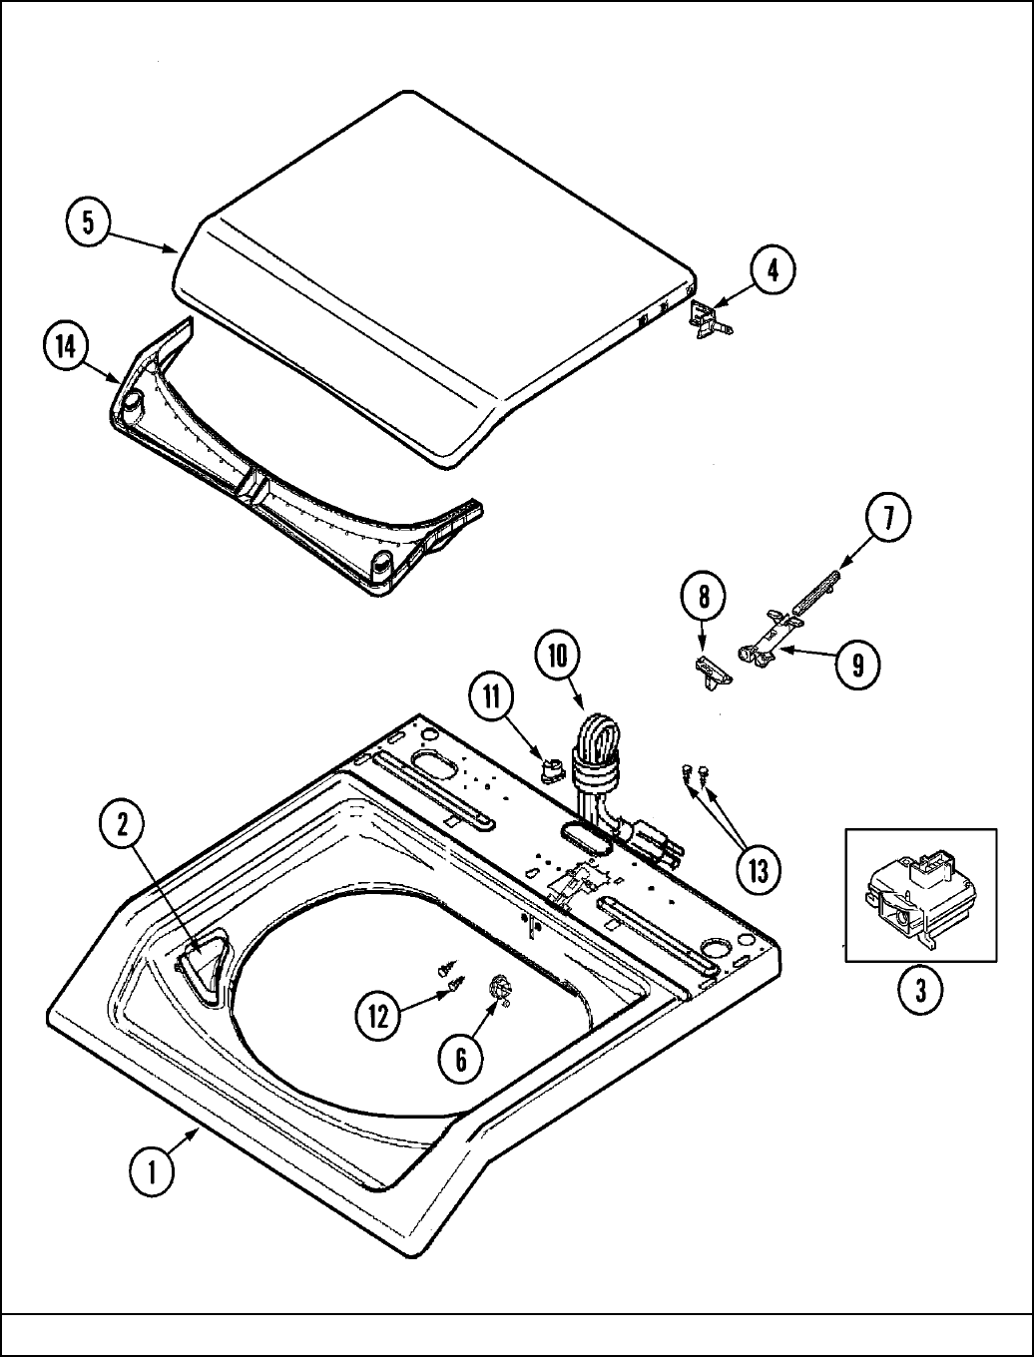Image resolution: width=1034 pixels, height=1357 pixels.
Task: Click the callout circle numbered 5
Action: (x=89, y=223)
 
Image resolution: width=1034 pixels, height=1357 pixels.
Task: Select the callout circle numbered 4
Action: (x=774, y=270)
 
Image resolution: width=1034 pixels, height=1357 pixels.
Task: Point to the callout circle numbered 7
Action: (x=887, y=519)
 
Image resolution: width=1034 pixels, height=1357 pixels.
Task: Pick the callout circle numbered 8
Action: (x=705, y=599)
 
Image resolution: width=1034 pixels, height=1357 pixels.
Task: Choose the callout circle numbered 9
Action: (x=857, y=664)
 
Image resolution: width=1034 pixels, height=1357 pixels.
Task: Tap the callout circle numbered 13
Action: (x=758, y=870)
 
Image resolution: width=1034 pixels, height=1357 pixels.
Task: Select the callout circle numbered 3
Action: (x=920, y=990)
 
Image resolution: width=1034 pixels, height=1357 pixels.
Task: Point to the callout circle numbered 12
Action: (x=379, y=1016)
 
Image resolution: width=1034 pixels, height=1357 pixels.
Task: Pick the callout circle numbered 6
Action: (x=461, y=1058)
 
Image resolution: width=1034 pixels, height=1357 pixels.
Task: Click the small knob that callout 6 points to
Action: (x=499, y=988)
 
